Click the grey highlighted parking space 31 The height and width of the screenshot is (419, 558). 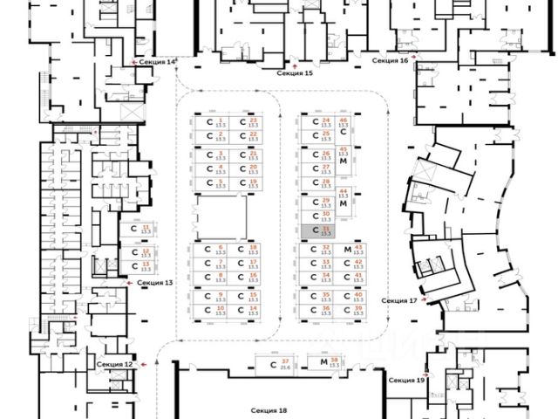[317, 231]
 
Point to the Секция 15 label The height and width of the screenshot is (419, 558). [295, 74]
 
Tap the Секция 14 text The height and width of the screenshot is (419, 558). [160, 62]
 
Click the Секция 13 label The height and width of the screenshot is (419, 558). [156, 284]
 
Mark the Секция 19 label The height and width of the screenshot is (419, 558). [407, 381]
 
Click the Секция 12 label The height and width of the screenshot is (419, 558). [115, 363]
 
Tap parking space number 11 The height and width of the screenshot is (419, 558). [140, 230]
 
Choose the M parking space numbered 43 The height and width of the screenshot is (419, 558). [353, 250]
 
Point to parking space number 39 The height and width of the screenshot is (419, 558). [353, 310]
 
